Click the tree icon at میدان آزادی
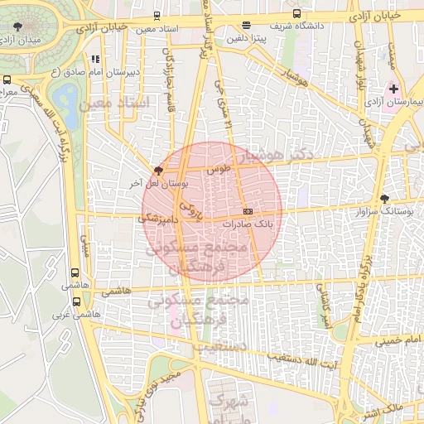[19, 27]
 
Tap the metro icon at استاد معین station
[157, 16]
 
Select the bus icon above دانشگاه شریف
[297, 14]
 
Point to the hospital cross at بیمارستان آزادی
[393, 88]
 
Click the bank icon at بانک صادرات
[248, 211]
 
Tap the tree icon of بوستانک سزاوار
[384, 198]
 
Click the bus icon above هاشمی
[76, 272]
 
